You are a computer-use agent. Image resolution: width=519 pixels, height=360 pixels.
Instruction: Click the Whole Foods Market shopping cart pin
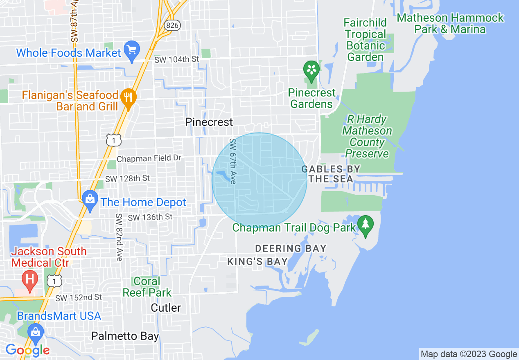[132, 51]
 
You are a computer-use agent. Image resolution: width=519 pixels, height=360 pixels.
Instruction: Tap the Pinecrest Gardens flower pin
[311, 70]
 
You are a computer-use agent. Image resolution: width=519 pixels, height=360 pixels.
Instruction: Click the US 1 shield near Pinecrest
[113, 140]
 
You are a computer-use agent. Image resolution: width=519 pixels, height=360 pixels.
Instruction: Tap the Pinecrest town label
[209, 122]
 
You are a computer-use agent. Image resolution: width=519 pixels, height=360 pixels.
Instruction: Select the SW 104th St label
[176, 59]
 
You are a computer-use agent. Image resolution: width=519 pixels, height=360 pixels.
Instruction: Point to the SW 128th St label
[128, 179]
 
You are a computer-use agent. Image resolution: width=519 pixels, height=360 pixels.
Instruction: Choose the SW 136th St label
[150, 217]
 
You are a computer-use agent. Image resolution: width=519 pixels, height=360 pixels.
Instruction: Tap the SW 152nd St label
[79, 297]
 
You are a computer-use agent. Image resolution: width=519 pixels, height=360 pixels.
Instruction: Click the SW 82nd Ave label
[119, 237]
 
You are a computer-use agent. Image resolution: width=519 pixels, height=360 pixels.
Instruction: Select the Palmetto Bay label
[125, 336]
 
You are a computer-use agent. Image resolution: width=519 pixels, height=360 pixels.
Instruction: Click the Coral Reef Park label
[147, 287]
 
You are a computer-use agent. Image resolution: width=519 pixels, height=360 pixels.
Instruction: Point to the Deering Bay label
[291, 248]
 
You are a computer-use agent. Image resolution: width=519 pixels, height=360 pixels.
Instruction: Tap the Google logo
[27, 350]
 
